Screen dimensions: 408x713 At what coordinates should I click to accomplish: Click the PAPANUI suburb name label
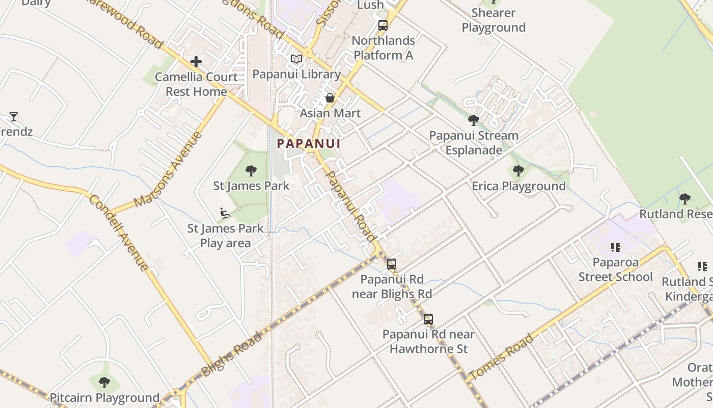[x=309, y=143]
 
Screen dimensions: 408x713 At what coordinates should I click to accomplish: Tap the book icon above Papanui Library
[x=296, y=59]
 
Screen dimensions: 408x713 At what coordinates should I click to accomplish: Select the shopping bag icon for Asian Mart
[x=330, y=98]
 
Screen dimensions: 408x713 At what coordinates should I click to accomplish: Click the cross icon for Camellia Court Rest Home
[x=196, y=62]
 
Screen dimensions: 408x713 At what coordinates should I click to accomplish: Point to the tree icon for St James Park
[x=251, y=170]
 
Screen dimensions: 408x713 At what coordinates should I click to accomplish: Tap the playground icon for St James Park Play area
[x=225, y=213]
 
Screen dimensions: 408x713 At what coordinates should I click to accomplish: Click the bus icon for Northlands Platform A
[x=383, y=25]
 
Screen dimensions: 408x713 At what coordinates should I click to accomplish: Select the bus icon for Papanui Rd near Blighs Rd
[x=392, y=264]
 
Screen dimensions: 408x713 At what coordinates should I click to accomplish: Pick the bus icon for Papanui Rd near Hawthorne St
[x=428, y=319]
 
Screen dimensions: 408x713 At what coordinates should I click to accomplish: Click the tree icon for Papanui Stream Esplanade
[x=474, y=120]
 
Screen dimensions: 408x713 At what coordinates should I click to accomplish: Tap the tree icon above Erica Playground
[x=518, y=171]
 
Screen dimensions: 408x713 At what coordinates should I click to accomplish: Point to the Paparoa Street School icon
[x=616, y=248]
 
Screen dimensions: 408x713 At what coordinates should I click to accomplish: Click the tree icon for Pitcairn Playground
[x=104, y=382]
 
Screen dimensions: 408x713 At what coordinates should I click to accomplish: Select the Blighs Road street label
[x=232, y=353]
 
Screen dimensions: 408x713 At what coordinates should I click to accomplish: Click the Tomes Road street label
[x=501, y=356]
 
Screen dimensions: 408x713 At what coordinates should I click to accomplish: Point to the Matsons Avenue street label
[x=169, y=169]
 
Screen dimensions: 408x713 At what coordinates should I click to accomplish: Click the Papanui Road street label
[x=350, y=206]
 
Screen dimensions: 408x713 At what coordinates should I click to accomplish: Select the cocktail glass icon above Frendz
[x=14, y=117]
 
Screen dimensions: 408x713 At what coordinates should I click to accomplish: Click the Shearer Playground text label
[x=493, y=20]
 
